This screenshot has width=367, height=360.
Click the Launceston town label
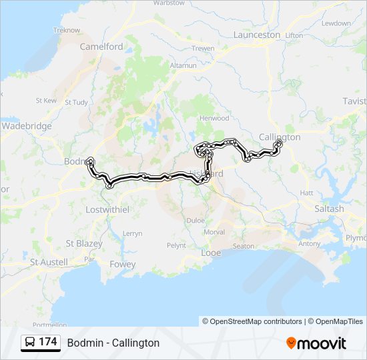pyautogui.click(x=257, y=35)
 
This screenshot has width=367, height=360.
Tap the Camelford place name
pyautogui.click(x=101, y=47)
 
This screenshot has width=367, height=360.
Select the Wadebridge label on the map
pyautogui.click(x=27, y=126)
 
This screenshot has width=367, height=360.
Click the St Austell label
pyautogui.click(x=49, y=263)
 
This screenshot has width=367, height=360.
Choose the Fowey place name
pyautogui.click(x=122, y=265)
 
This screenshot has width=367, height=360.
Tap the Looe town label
pyautogui.click(x=211, y=253)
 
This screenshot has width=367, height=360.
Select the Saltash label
pyautogui.click(x=329, y=209)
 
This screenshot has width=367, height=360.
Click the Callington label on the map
pyautogui.click(x=280, y=137)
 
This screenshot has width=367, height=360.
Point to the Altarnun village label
pyautogui.click(x=181, y=66)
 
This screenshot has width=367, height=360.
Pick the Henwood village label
pyautogui.click(x=214, y=118)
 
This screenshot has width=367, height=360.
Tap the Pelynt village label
pyautogui.click(x=176, y=245)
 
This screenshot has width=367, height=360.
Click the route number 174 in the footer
pyautogui.click(x=47, y=342)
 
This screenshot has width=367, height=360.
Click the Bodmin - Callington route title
pyautogui.click(x=113, y=343)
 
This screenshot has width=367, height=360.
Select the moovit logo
pyautogui.click(x=316, y=343)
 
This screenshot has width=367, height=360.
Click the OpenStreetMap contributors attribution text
pyautogui.click(x=252, y=321)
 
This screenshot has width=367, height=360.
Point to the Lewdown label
pyautogui.click(x=336, y=23)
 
